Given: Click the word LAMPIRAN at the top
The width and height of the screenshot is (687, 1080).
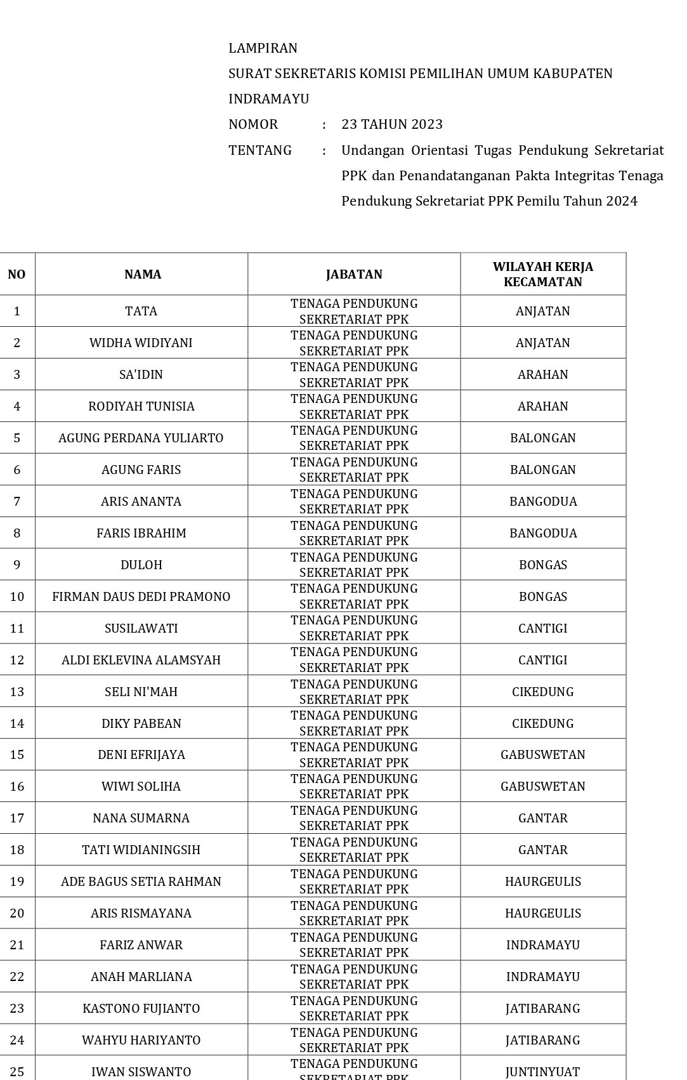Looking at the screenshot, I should coord(263,48).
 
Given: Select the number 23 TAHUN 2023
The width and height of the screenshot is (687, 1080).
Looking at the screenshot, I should coord(391,124).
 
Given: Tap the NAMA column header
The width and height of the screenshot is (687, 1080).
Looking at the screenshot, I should coord(142,274).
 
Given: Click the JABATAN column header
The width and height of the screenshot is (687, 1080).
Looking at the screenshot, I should coord(354,274).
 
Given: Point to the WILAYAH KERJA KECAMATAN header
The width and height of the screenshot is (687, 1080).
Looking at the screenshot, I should coord(542,274).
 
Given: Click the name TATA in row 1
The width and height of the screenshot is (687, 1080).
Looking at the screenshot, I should coord(141,311).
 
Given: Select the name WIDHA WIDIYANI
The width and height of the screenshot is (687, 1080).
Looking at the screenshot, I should coord(141,343).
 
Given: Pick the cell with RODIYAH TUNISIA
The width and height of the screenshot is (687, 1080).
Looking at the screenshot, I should coord(141,406).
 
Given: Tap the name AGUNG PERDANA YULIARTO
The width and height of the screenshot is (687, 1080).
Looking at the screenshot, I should coord(141,438).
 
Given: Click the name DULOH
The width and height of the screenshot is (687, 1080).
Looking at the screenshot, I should coord(141,565).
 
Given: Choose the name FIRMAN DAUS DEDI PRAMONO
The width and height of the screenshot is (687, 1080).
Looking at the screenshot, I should coord(141,596).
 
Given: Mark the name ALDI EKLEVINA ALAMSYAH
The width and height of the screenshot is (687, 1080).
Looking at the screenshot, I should coord(141,660).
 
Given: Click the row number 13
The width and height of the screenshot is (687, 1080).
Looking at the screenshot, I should coord(17,692).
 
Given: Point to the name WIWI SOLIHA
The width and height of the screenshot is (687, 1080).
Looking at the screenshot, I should coord(141,786).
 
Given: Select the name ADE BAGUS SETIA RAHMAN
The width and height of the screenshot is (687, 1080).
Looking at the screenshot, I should coord(141,881).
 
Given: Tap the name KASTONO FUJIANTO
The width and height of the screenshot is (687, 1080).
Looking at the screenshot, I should coord(141,1008).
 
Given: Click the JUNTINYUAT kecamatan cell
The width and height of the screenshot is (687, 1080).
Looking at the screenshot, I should coord(542,1072).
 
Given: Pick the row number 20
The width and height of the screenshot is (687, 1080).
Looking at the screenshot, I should coord(17,913).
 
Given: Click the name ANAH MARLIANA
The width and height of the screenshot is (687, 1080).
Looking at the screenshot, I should coord(141,977).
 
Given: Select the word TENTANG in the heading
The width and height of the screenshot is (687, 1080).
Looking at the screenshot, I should coord(260,150).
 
